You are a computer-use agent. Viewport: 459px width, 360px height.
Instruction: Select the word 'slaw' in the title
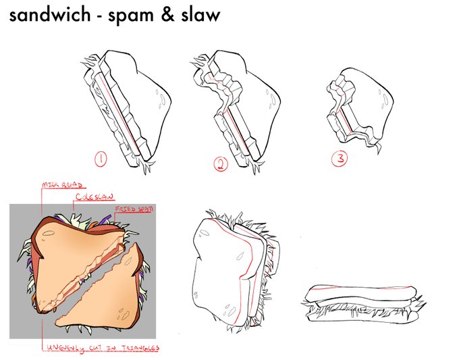[198, 16]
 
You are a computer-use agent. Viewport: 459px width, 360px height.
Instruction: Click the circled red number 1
[101, 159]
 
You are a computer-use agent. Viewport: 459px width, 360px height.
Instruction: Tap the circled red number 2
[221, 163]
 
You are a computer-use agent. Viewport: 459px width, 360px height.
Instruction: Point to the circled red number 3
[339, 159]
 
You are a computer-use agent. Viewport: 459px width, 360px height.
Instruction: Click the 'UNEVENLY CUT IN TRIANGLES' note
[103, 348]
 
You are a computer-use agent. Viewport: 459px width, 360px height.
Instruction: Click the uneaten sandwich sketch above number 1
[128, 108]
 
